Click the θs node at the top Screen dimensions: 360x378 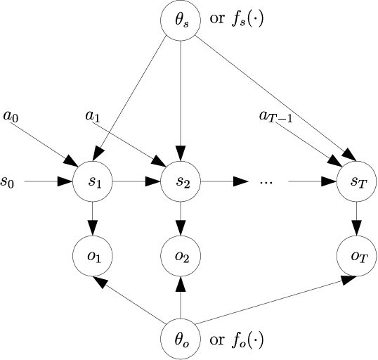[x=181, y=19]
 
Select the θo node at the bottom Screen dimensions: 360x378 [x=181, y=340]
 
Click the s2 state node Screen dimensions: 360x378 [x=181, y=183]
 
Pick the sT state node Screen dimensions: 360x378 [x=357, y=183]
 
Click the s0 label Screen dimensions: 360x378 [x=8, y=183]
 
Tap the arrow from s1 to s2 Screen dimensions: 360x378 [x=137, y=183]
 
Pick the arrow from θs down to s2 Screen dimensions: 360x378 [x=181, y=98]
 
